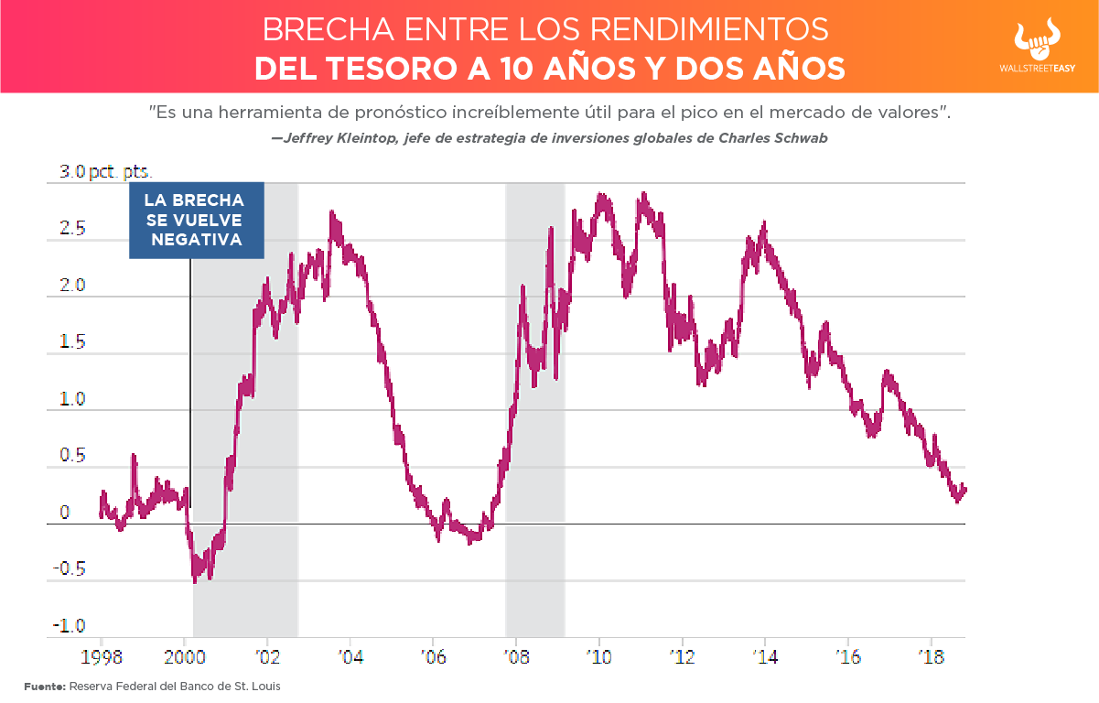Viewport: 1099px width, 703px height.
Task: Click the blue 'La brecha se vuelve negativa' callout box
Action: tap(196, 220)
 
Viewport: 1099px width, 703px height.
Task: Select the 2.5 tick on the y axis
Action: tap(73, 229)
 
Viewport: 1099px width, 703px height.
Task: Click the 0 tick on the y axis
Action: tap(65, 514)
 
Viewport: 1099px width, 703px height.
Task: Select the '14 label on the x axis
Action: tap(764, 656)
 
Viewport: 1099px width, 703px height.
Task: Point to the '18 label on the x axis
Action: tap(930, 656)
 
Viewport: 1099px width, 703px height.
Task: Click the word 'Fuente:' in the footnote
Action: tap(44, 686)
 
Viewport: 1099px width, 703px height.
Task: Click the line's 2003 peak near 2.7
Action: tap(331, 213)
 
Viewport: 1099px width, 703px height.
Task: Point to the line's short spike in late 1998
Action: tap(134, 455)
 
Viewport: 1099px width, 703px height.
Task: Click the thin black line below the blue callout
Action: tap(190, 384)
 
